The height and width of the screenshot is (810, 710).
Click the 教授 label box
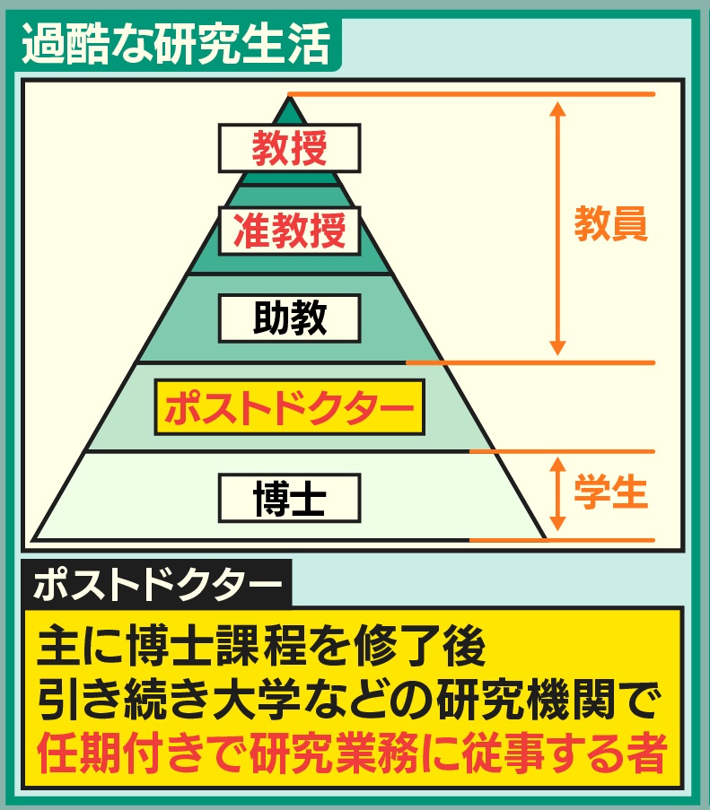pos(289,147)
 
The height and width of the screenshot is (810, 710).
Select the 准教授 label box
pos(289,231)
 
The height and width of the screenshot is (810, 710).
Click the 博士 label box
pos(289,498)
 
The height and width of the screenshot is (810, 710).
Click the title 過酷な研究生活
pos(175,45)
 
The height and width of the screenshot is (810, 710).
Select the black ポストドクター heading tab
pos(156,585)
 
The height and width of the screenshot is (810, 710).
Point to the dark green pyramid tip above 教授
pos(289,109)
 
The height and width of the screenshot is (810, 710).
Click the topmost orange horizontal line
pos(471,93)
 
